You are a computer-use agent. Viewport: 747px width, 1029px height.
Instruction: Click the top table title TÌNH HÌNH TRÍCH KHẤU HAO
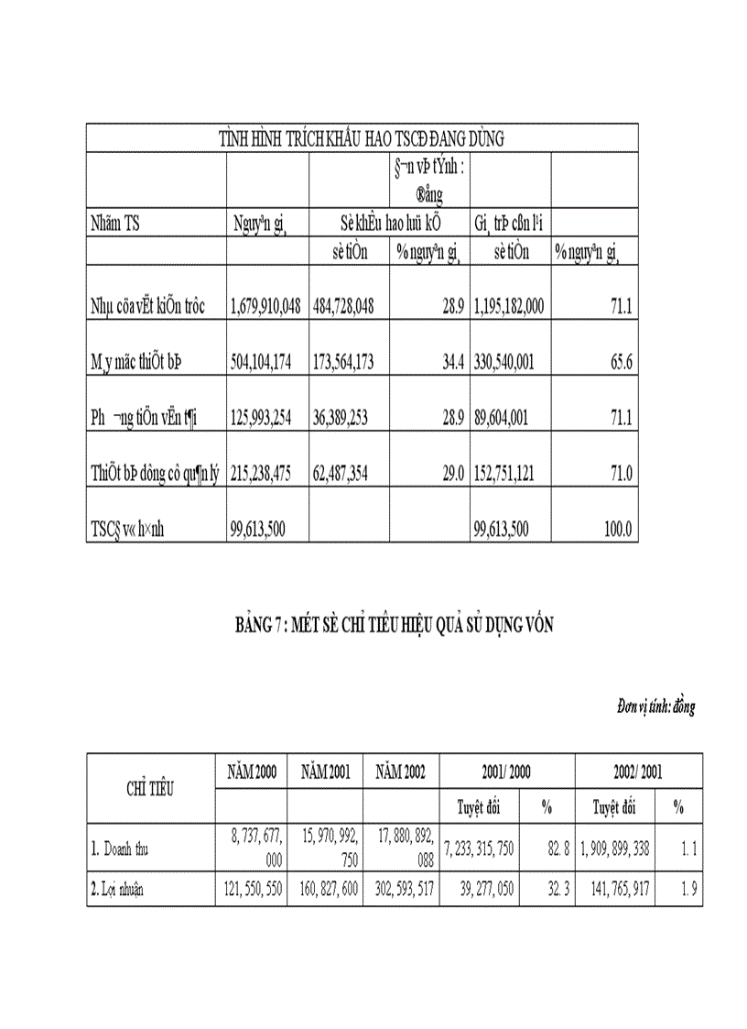pos(363,138)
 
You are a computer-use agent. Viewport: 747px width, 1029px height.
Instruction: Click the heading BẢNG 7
pos(394,626)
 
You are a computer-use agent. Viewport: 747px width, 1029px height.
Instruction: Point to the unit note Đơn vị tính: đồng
pos(655,707)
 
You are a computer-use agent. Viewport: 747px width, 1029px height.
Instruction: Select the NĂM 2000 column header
pos(252,772)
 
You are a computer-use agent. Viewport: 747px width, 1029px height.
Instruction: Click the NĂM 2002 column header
pos(401,772)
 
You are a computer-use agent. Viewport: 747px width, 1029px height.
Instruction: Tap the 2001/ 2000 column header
pos(507,772)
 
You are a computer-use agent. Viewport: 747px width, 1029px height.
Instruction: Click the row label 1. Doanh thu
pos(119,849)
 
